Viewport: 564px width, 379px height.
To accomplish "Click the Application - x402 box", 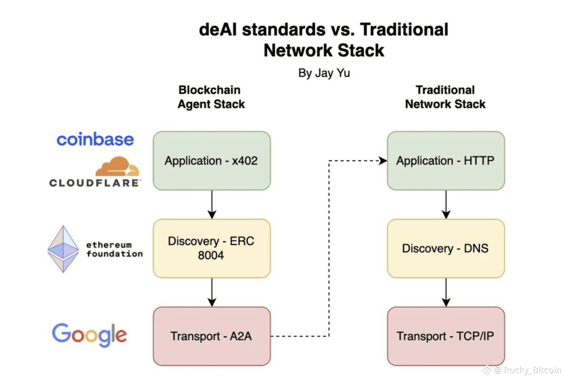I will [x=212, y=161].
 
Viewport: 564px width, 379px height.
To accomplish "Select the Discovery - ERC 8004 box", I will [x=212, y=248].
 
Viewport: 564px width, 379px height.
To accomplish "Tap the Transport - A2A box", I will [x=212, y=336].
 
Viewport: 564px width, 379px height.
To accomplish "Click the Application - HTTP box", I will [x=446, y=161].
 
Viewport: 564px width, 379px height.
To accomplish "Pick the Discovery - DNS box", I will [x=446, y=248].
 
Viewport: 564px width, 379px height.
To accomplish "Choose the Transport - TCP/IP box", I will [x=446, y=336].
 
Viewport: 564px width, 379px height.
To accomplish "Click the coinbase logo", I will [x=95, y=140].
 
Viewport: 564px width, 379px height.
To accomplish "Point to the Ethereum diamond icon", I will [x=63, y=249].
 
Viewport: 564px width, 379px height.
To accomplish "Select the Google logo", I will [x=89, y=334].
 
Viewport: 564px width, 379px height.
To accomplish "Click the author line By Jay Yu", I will [x=324, y=73].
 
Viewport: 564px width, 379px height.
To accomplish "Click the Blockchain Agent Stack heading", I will [x=211, y=97].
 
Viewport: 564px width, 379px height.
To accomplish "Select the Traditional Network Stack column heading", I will [x=445, y=97].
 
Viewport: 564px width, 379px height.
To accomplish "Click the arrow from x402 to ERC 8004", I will [x=212, y=205].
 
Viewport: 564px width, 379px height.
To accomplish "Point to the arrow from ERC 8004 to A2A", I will [x=212, y=292].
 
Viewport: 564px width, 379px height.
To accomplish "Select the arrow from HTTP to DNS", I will [x=446, y=205].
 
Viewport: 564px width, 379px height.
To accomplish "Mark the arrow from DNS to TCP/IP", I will [x=446, y=292].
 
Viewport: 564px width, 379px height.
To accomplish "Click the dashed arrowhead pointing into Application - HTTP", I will [x=383, y=161].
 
